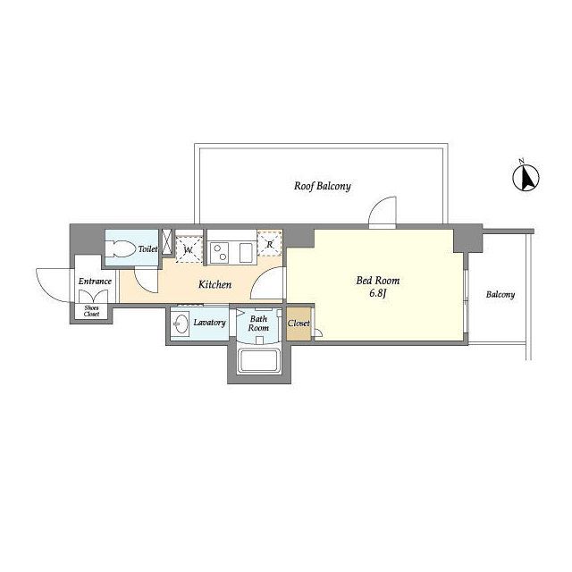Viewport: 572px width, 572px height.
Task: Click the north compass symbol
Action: click(526, 177)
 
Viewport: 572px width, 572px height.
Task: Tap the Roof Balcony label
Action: click(323, 186)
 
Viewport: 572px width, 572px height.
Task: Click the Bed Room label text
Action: click(377, 281)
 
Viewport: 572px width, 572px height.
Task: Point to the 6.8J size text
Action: click(377, 293)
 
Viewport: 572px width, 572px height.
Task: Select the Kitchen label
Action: click(214, 284)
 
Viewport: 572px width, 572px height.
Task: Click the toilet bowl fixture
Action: click(122, 248)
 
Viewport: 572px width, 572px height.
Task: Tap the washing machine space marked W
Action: click(189, 249)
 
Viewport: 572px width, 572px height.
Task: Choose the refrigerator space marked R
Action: click(270, 244)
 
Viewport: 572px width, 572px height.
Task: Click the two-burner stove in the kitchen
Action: click(220, 252)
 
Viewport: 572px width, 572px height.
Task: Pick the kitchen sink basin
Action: click(247, 252)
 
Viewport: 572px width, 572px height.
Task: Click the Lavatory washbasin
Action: click(181, 323)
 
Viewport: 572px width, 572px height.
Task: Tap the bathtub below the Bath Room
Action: click(259, 361)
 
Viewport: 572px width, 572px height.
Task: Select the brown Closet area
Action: click(299, 324)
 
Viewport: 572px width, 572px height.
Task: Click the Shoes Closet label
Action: click(91, 311)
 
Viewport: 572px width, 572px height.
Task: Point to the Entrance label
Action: click(95, 282)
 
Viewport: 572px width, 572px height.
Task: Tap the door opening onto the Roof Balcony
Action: click(383, 212)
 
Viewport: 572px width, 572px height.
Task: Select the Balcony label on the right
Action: click(500, 294)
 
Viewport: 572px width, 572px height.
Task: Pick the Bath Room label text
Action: click(258, 324)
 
